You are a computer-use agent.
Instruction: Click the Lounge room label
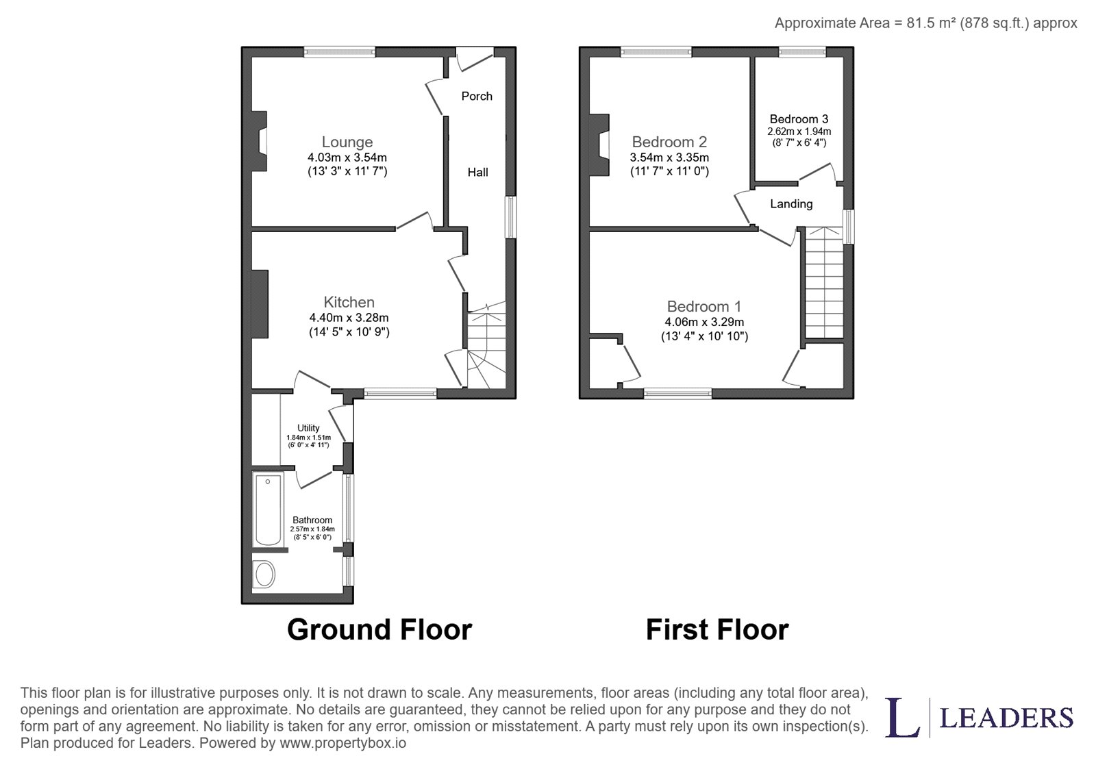click(x=347, y=142)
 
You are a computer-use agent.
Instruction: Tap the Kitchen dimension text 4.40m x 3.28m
click(x=349, y=318)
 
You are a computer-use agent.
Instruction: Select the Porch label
click(x=477, y=96)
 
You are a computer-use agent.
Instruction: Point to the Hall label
click(x=477, y=172)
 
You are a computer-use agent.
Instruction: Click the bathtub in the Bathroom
click(x=268, y=510)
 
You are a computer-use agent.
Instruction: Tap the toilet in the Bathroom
click(x=264, y=575)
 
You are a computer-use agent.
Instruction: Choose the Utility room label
click(x=308, y=428)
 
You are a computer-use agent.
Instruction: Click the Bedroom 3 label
click(x=799, y=119)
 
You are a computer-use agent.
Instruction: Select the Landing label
click(x=791, y=203)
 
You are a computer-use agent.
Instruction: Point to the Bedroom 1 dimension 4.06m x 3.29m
click(x=704, y=322)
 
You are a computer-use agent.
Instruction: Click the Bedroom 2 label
click(x=669, y=142)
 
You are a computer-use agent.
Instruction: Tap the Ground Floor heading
click(x=379, y=629)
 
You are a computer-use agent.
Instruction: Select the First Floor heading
click(x=717, y=629)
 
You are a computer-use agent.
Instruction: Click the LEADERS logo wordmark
click(x=1007, y=718)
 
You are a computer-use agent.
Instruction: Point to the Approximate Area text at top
click(x=925, y=23)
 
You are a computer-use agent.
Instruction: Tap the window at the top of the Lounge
click(x=340, y=52)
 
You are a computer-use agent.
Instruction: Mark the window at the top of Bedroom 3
click(x=802, y=52)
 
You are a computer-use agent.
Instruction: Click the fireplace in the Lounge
click(x=260, y=141)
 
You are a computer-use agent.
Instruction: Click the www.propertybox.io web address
click(x=342, y=743)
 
